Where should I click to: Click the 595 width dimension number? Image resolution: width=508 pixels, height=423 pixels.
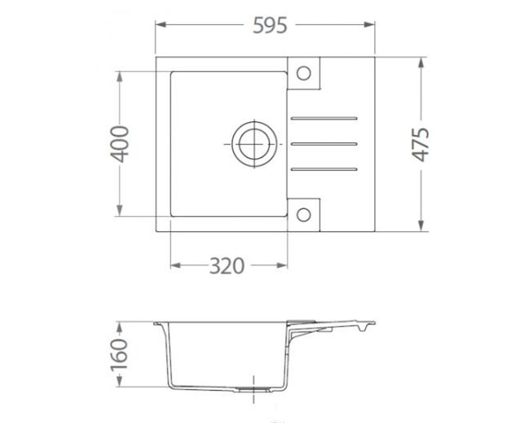click(x=270, y=25)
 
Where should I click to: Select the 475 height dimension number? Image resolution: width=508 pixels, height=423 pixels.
click(x=421, y=144)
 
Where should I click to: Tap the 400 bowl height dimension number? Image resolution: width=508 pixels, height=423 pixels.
click(x=119, y=144)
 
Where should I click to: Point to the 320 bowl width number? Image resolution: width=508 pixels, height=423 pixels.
click(x=227, y=266)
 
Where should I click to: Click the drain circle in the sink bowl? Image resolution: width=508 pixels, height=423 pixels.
click(x=254, y=144)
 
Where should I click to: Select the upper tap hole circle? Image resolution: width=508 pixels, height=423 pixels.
click(x=304, y=73)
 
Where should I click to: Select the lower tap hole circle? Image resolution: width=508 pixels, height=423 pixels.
click(x=304, y=214)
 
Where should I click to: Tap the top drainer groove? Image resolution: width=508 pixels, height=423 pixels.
click(x=324, y=118)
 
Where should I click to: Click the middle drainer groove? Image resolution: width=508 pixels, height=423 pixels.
click(x=324, y=144)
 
